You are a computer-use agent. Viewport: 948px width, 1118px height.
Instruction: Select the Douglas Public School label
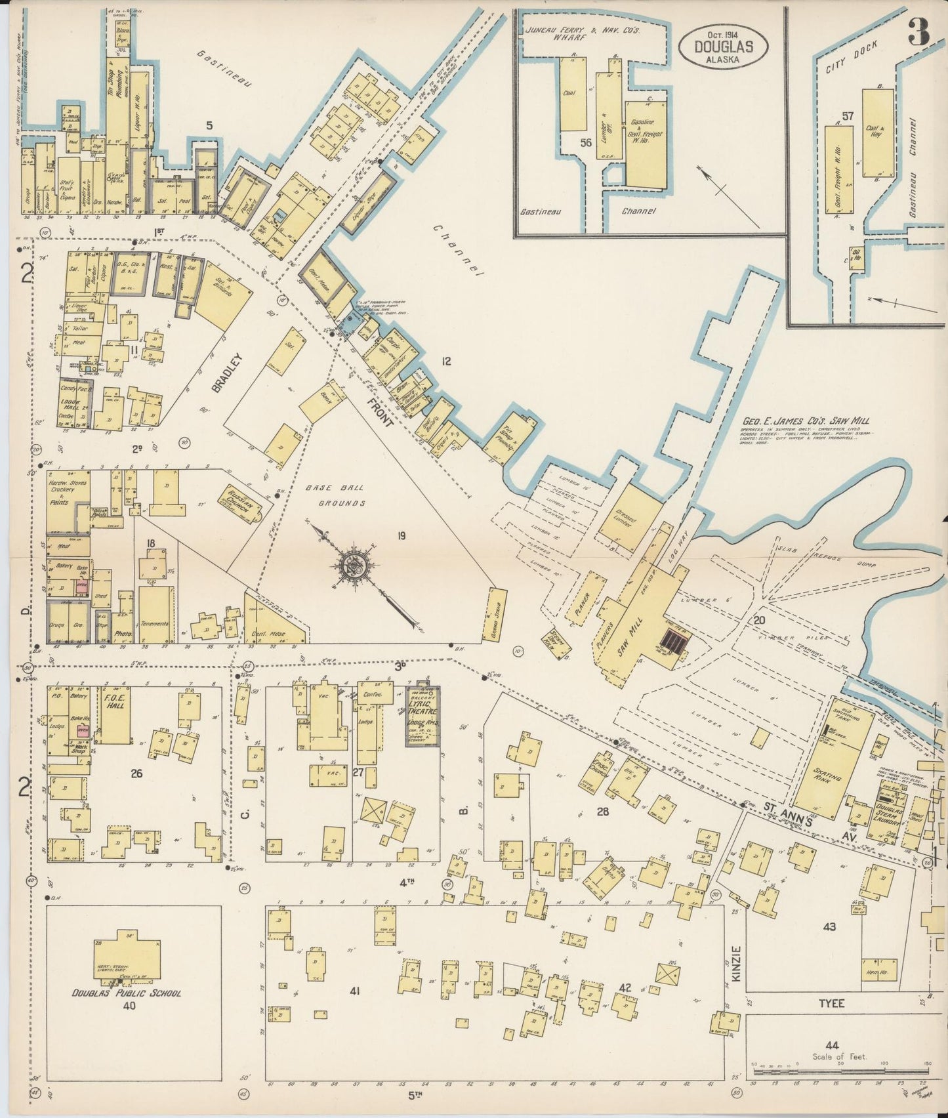click(x=127, y=993)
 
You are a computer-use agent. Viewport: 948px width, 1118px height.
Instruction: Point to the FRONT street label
click(x=380, y=411)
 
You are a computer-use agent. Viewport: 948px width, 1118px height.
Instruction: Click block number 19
click(x=402, y=536)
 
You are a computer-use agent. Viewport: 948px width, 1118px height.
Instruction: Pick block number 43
click(x=829, y=926)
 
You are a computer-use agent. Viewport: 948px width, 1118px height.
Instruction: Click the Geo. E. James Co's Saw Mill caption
click(x=807, y=422)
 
